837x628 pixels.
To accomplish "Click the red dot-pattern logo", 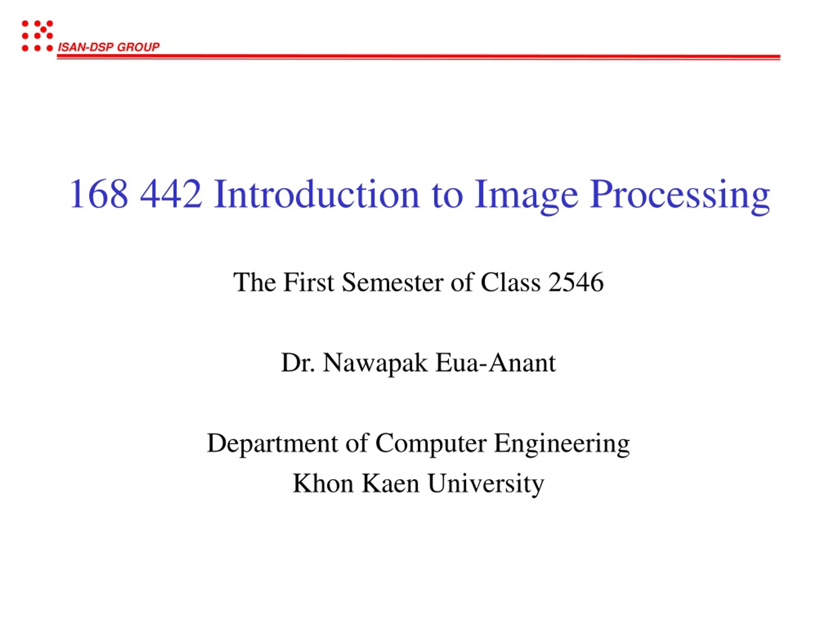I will tap(37, 36).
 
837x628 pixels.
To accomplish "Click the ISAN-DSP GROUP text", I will tap(108, 47).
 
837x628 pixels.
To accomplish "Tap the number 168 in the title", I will tap(99, 194).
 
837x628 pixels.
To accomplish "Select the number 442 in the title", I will tap(171, 194).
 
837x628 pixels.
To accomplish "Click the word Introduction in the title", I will tap(317, 194).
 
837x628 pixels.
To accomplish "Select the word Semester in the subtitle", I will tap(392, 282).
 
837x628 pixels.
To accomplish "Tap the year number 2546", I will tap(575, 282).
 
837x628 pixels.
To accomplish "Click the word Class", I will tap(510, 282).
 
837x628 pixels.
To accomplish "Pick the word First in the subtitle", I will tap(308, 282).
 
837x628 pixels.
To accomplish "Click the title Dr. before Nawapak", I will tap(298, 363).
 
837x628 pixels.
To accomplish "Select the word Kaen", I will tap(390, 484).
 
